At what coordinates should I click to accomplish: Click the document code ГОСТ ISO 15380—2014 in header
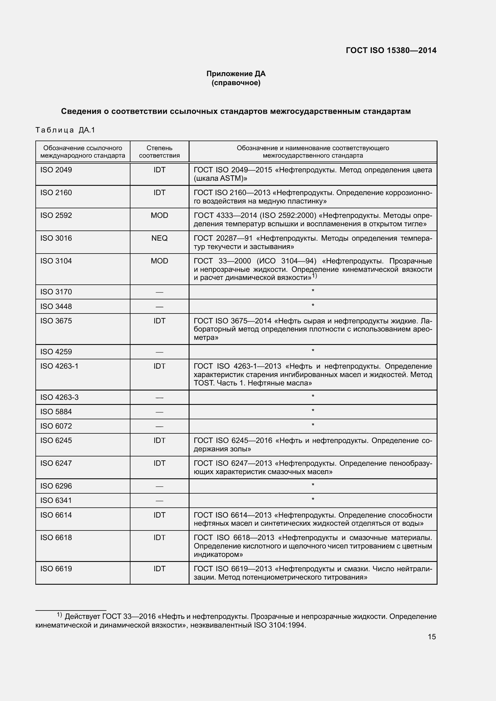(391, 50)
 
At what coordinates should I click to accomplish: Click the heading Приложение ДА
(236, 74)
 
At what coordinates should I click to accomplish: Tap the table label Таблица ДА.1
(65, 130)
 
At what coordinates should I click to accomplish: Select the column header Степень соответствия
(159, 152)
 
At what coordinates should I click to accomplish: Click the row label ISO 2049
(56, 170)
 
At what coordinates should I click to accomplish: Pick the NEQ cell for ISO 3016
(159, 238)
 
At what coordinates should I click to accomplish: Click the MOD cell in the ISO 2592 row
(159, 215)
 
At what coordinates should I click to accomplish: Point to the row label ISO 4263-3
(59, 397)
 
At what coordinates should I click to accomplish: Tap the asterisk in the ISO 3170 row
(313, 291)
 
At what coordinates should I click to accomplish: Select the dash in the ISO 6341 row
(159, 501)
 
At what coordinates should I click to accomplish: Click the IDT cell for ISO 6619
(159, 569)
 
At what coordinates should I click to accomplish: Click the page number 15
(432, 637)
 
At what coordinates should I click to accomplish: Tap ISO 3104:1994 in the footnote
(279, 625)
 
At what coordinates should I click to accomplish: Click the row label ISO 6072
(56, 426)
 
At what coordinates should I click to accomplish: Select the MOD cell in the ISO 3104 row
(159, 261)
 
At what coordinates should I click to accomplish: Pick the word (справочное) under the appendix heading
(236, 83)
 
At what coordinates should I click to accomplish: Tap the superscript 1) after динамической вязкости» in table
(315, 276)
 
